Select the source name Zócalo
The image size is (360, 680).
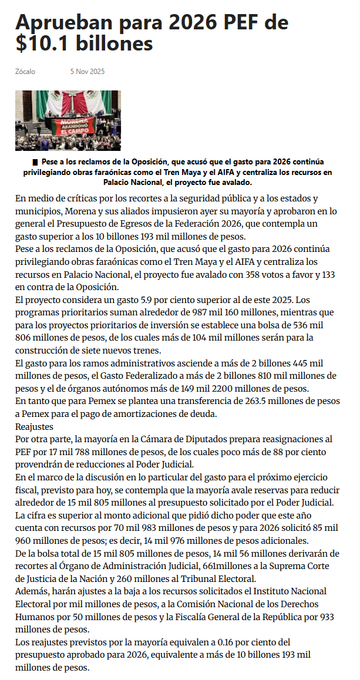[x=25, y=72]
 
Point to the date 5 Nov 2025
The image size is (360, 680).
[x=87, y=72]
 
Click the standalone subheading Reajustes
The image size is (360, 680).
[x=35, y=426]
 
